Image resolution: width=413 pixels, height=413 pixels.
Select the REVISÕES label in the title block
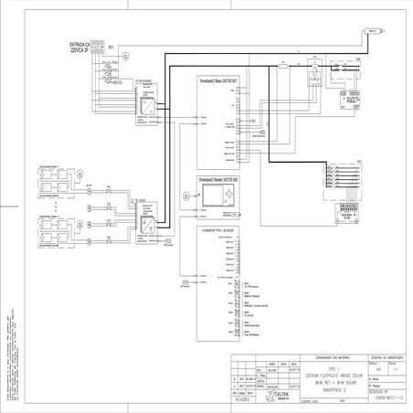coord(244,399)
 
